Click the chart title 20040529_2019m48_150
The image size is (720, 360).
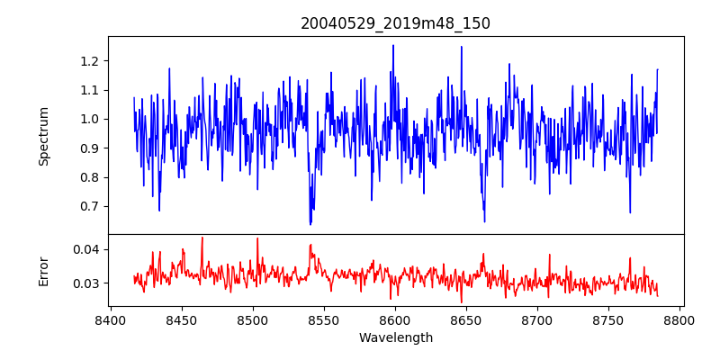pos(395,23)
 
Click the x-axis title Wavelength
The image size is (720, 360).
pos(395,338)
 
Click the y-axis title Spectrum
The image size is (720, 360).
pos(43,136)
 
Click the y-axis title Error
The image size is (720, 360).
pos(43,270)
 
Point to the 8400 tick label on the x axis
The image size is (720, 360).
pos(110,319)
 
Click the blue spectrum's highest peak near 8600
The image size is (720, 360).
pos(393,45)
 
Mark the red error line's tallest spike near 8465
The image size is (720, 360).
pos(202,238)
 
